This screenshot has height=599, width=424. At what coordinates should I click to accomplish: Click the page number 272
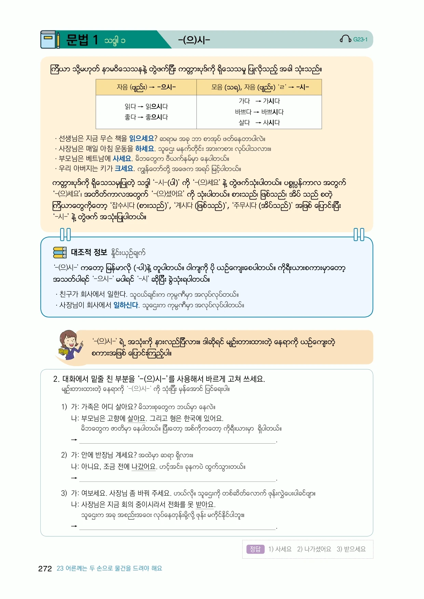pyautogui.click(x=45, y=569)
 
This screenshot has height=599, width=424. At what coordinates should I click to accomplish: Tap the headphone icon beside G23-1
pyautogui.click(x=345, y=39)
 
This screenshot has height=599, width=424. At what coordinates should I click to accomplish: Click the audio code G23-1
pyautogui.click(x=360, y=40)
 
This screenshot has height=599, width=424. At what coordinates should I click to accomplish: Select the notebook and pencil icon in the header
pyautogui.click(x=50, y=40)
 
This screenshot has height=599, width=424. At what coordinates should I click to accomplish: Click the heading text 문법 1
pyautogui.click(x=82, y=40)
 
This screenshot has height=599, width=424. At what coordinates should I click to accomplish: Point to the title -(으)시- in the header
pyautogui.click(x=194, y=40)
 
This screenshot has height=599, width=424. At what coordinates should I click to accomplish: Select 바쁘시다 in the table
pyautogui.click(x=272, y=112)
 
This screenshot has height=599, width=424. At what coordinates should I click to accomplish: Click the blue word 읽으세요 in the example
pyautogui.click(x=141, y=138)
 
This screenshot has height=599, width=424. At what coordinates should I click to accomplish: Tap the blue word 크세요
pyautogui.click(x=124, y=168)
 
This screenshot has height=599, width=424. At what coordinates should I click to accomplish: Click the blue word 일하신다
pyautogui.click(x=126, y=305)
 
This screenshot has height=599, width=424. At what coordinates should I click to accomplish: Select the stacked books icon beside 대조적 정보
pyautogui.click(x=60, y=252)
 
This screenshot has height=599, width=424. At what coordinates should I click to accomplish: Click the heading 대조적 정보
pyautogui.click(x=89, y=252)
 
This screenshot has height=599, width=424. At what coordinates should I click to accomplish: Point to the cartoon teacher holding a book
pyautogui.click(x=70, y=345)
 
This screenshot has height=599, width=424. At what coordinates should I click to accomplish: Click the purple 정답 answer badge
pyautogui.click(x=255, y=549)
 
